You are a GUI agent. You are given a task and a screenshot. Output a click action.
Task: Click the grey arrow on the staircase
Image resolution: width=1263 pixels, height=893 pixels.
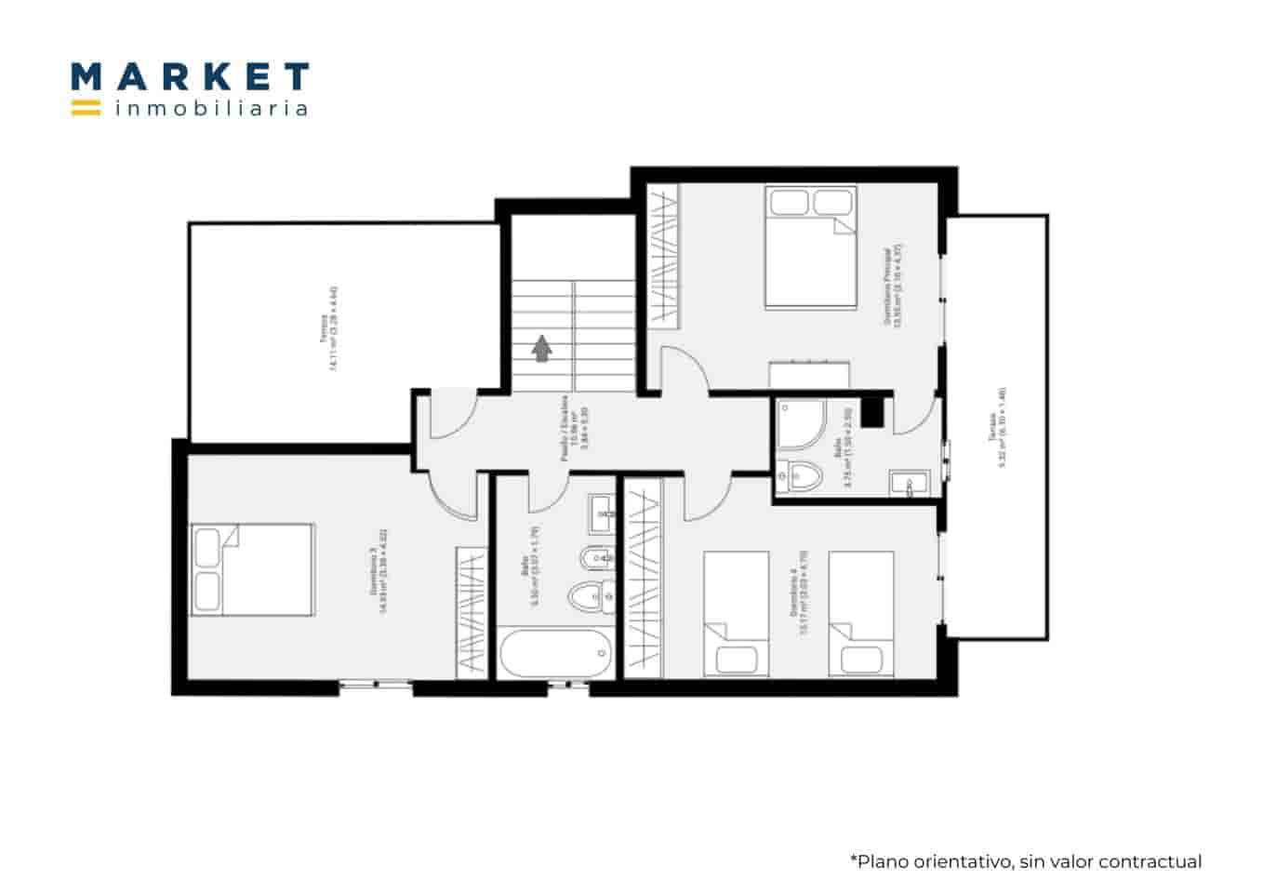tap(541, 347)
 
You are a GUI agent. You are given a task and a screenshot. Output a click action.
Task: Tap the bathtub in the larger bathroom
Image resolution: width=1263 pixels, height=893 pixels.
tap(555, 655)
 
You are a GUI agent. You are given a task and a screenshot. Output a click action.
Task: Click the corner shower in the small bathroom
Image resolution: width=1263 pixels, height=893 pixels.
tap(801, 424)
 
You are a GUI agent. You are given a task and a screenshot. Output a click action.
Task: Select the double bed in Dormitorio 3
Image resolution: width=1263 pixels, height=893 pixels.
tap(252, 569)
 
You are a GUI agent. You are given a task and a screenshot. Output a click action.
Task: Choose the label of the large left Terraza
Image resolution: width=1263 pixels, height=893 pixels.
tap(327, 341)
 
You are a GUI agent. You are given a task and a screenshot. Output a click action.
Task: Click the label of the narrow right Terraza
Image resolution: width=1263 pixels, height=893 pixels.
tap(998, 427)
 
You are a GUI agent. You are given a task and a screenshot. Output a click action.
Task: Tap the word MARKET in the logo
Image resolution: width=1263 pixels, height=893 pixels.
tap(190, 77)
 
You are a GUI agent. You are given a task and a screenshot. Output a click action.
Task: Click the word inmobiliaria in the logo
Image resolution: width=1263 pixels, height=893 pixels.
tap(211, 109)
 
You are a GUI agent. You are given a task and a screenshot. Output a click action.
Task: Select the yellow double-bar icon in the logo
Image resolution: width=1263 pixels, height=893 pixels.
tap(86, 107)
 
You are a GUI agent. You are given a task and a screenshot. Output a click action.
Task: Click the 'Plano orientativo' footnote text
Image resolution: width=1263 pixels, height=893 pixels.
tap(1025, 861)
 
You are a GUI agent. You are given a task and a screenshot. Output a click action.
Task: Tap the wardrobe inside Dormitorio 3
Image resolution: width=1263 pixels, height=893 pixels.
tap(472, 611)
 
